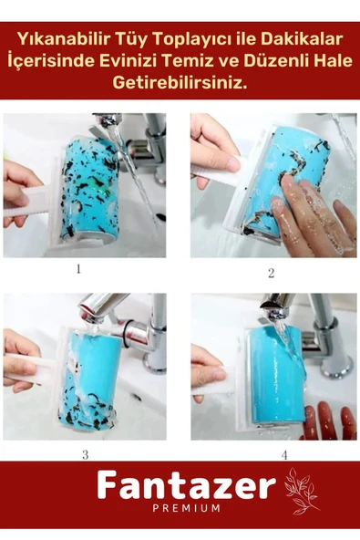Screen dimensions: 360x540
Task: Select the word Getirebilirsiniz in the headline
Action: (x=180, y=83)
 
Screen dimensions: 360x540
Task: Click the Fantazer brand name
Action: (x=187, y=485)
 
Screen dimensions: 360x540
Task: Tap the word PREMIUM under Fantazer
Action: (x=186, y=508)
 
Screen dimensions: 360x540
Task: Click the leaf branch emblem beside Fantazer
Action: (x=300, y=491)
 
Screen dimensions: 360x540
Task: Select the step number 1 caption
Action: (x=78, y=268)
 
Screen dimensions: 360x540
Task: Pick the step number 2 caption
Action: (x=272, y=273)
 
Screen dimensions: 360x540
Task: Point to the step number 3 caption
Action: (x=86, y=455)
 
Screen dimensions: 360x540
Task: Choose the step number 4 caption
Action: (x=284, y=455)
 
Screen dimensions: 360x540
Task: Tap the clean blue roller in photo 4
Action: (x=279, y=376)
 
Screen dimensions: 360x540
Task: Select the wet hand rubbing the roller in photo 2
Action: (x=314, y=215)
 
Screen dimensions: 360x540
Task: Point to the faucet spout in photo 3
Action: (x=95, y=308)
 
